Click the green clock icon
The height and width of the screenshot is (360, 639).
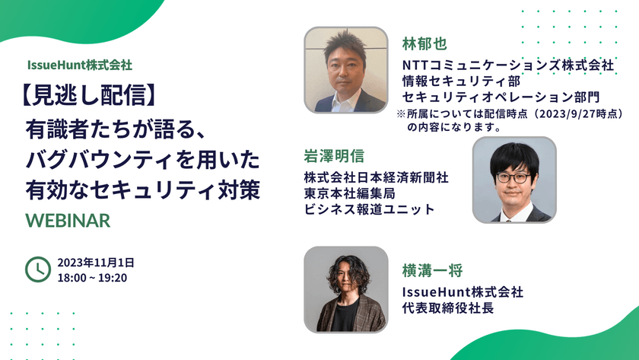pyautogui.click(x=37, y=269)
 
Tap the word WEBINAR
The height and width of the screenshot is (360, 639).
pyautogui.click(x=68, y=220)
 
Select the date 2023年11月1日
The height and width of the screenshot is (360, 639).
pyautogui.click(x=96, y=262)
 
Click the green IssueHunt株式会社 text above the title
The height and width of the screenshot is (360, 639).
pyautogui.click(x=78, y=65)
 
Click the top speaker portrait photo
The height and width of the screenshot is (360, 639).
pyautogui.click(x=348, y=70)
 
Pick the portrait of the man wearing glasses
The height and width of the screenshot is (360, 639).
pyautogui.click(x=513, y=180)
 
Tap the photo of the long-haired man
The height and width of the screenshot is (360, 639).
pyautogui.click(x=346, y=289)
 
